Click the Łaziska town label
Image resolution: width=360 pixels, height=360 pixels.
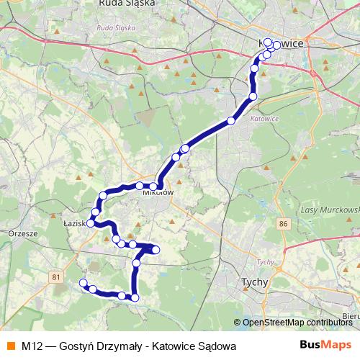point(76,224)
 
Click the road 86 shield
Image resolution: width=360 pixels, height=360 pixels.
point(283,225)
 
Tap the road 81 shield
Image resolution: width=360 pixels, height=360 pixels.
point(57,276)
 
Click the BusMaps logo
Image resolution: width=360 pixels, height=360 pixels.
point(325,346)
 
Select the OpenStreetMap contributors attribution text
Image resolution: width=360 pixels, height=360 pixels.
point(297,323)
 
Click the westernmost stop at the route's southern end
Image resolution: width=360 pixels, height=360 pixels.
point(83,283)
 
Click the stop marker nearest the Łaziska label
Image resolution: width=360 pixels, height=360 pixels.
point(90,224)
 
